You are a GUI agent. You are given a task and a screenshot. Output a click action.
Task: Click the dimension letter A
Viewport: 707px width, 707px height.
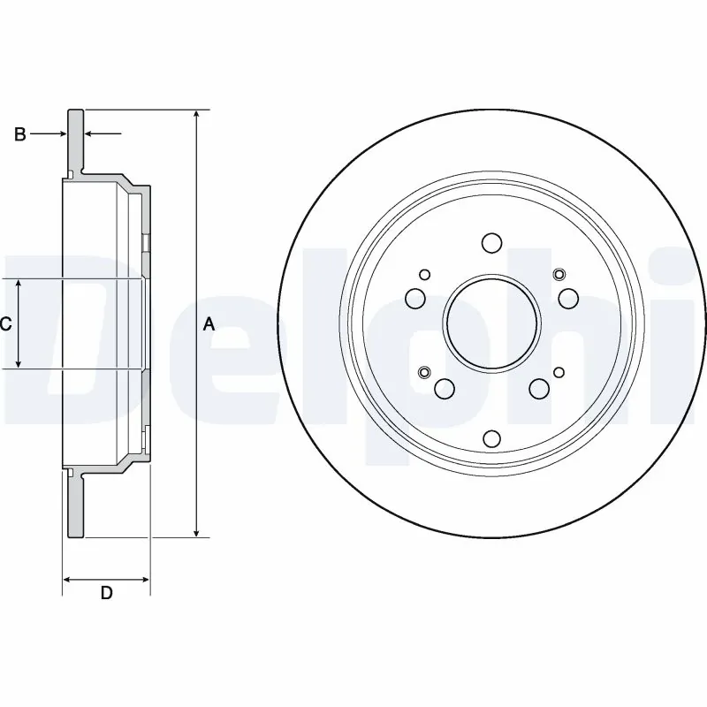pos(209,324)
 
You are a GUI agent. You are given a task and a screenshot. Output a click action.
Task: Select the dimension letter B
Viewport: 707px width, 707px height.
pos(19,134)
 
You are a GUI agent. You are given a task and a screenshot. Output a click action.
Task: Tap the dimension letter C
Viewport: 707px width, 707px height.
pos(5,323)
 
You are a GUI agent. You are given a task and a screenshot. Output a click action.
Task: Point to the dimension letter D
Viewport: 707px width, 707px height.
pos(106,594)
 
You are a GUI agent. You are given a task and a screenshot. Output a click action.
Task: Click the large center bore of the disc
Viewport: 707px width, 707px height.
pos(491,322)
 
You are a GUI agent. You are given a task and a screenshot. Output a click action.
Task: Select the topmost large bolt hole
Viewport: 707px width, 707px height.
pos(491,243)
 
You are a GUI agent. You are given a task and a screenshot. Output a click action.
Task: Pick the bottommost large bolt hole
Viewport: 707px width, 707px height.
pos(491,439)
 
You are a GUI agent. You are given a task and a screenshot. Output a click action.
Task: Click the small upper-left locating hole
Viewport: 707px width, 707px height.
pos(425,274)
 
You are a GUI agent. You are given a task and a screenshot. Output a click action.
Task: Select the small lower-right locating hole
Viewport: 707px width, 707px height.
pos(558,371)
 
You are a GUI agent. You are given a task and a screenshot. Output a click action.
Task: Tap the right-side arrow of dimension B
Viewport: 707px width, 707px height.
pos(92,134)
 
